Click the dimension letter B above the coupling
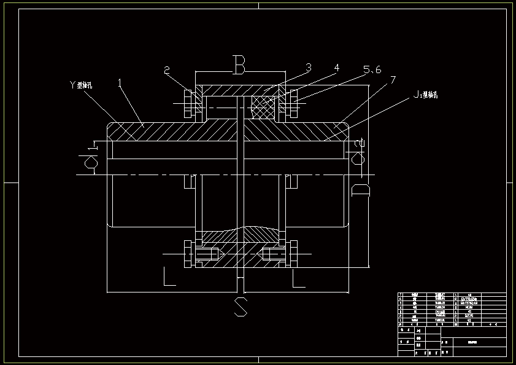[x=239, y=63]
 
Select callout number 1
[x=120, y=81]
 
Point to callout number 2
[x=167, y=70]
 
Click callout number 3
[x=308, y=66]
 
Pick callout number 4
[x=336, y=69]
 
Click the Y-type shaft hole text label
[x=81, y=86]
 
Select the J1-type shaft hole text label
[x=424, y=95]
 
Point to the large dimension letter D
[x=361, y=190]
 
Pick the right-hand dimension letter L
[x=298, y=278]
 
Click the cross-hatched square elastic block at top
[x=263, y=109]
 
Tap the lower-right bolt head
[x=295, y=253]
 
